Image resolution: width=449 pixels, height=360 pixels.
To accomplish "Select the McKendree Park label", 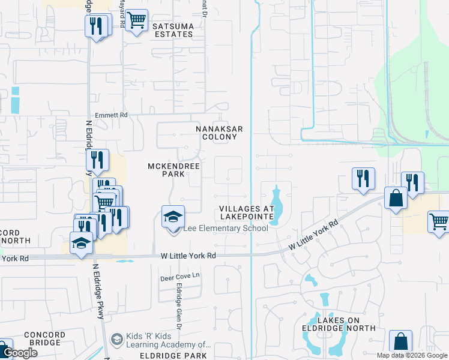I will pos(166,169).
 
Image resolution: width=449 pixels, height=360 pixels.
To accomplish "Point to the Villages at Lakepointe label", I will pos(246,212).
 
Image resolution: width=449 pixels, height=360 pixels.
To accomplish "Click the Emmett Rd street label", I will pos(111,115).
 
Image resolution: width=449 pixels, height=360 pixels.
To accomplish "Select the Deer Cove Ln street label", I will pos(178,278).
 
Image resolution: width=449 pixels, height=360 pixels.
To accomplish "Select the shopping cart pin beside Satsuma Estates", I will pos(137,21).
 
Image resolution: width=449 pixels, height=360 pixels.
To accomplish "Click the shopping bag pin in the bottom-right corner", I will pos(400,341).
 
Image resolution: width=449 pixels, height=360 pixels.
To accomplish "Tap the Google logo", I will pos(19,353).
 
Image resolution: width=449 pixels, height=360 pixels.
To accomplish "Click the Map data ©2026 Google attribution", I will pos(411,355).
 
